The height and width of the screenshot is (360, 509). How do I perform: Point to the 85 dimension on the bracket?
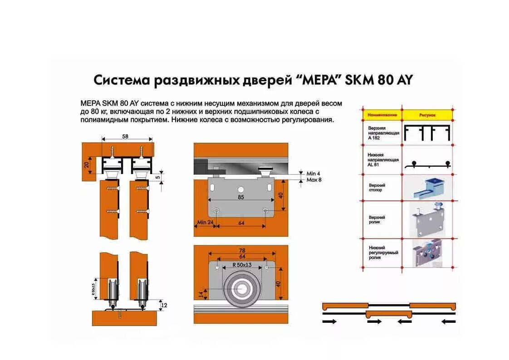click(x=240, y=197)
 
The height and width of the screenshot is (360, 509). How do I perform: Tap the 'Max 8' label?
click(x=314, y=180)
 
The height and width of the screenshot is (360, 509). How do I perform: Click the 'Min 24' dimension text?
click(x=205, y=223)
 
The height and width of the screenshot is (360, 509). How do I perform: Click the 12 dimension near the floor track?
click(x=164, y=305)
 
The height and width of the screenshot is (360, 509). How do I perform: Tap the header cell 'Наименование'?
click(x=382, y=115)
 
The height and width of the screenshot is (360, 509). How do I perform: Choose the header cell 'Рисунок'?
click(x=427, y=115)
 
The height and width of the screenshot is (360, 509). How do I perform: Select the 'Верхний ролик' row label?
click(x=377, y=220)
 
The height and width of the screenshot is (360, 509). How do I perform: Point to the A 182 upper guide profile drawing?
click(x=427, y=133)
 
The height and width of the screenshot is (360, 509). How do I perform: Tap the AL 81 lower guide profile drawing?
click(x=427, y=164)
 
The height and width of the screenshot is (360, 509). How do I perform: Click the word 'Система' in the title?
click(x=122, y=80)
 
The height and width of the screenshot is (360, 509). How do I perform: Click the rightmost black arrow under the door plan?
click(x=448, y=321)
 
